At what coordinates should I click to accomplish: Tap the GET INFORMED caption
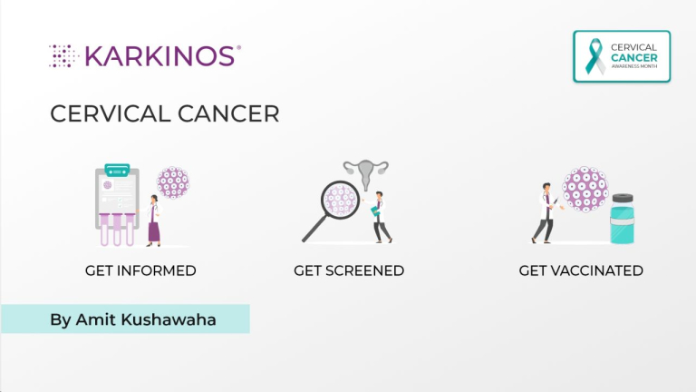pos(140,270)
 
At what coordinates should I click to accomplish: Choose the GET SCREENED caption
pos(349,270)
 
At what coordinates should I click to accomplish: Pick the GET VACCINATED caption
pos(581,270)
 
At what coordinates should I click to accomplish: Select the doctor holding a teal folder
pos(382,216)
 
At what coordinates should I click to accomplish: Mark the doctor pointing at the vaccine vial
pos(545,213)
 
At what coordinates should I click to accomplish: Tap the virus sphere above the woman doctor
pos(172,182)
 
